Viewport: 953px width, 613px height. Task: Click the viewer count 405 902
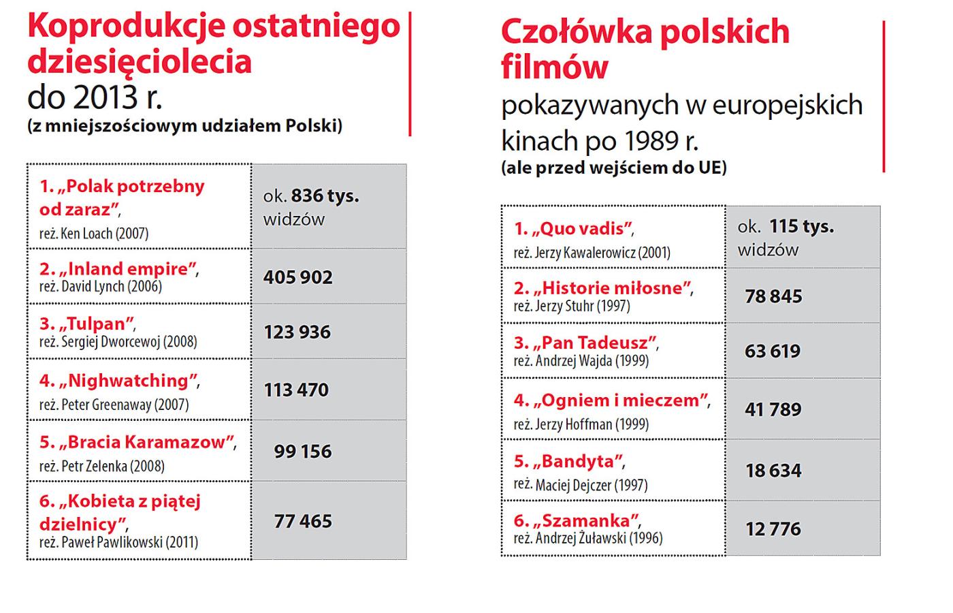pos(298,277)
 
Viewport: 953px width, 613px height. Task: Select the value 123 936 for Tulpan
pos(297,332)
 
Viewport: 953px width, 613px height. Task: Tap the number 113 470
pos(297,390)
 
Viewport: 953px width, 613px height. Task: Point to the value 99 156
pos(303,451)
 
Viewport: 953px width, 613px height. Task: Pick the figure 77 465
pos(303,522)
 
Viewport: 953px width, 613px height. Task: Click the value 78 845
pos(773,296)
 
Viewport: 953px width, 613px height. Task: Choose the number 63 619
pos(773,351)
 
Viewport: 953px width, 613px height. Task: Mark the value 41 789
pos(773,409)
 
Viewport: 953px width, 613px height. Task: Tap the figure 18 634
pos(773,471)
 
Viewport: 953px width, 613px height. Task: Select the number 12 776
pos(773,529)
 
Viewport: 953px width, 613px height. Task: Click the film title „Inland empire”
pos(119,269)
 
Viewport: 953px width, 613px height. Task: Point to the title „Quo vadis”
pos(575,229)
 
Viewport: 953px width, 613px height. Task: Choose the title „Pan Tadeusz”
pos(586,343)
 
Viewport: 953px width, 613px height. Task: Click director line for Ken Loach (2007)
pos(94,234)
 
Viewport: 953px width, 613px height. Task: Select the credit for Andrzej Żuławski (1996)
pos(588,538)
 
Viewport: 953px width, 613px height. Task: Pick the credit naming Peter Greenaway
pos(114,405)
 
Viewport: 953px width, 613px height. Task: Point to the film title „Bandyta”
pos(569,462)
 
